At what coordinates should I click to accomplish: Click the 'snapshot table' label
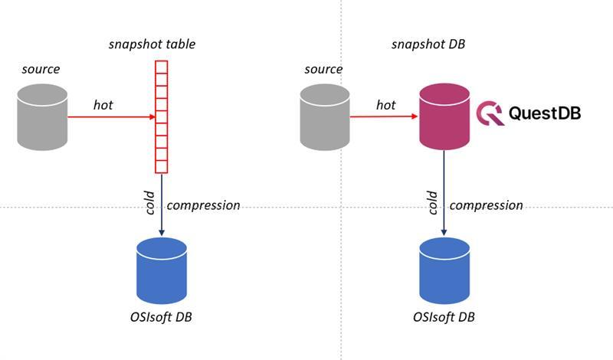click(152, 44)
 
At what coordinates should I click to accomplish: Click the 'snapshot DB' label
click(428, 44)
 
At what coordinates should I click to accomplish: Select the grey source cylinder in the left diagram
click(43, 117)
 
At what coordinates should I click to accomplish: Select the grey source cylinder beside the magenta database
click(325, 117)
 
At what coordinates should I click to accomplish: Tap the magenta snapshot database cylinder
click(444, 117)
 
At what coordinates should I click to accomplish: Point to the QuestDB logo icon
click(489, 113)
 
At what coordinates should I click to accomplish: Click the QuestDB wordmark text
click(545, 113)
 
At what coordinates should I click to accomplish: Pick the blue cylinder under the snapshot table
click(162, 271)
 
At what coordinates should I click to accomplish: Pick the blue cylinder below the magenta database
click(444, 271)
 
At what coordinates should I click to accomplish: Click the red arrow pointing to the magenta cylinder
click(384, 117)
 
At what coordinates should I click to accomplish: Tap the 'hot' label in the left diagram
click(103, 105)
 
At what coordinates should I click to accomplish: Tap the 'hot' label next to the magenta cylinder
click(385, 105)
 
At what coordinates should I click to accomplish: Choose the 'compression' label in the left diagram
click(203, 205)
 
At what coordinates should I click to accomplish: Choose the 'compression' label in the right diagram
click(486, 205)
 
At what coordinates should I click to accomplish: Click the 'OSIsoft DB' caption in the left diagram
click(162, 317)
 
